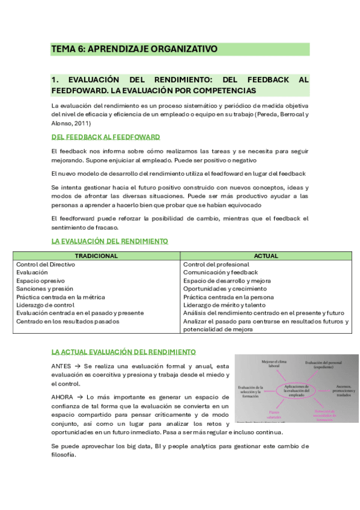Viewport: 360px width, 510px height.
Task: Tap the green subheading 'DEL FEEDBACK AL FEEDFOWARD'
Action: pyautogui.click(x=106, y=137)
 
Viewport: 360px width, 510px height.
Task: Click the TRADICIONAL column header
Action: pyautogui.click(x=97, y=256)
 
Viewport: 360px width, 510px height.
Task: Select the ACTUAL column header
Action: pyautogui.click(x=266, y=256)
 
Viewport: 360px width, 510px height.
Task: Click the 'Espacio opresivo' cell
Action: pyautogui.click(x=40, y=281)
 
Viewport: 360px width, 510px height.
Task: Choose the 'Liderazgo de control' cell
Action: pyautogui.click(x=46, y=305)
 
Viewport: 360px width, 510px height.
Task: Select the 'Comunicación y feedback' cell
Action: pyautogui.click(x=219, y=272)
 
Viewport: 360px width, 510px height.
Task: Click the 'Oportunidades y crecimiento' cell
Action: pyautogui.click(x=224, y=289)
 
